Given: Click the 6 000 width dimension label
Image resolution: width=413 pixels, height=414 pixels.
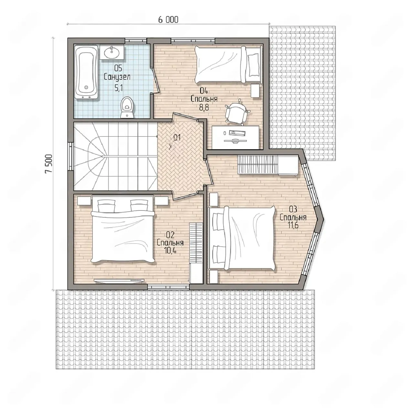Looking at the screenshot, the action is click(168, 20).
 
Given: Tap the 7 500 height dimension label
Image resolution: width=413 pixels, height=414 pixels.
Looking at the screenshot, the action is click(49, 163).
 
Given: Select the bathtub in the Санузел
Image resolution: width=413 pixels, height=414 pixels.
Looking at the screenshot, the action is click(86, 72).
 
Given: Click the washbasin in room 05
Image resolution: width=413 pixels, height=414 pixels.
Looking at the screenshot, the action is click(111, 52).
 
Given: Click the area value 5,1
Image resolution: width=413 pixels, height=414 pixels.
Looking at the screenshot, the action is click(118, 88).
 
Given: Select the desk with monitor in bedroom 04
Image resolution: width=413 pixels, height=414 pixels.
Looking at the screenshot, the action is click(235, 137).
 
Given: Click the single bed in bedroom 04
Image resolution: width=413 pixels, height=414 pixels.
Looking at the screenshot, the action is click(228, 64).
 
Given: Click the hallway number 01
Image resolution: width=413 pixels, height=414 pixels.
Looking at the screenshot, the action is click(177, 137).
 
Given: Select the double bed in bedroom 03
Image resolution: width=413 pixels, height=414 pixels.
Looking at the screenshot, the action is click(243, 238).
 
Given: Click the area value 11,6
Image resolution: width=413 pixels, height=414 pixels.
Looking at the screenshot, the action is click(293, 225).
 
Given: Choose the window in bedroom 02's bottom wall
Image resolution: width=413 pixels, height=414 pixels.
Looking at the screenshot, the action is click(168, 286).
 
